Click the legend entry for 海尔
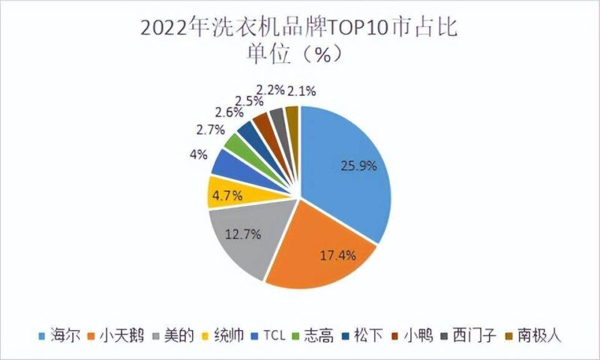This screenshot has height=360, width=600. [x=55, y=334]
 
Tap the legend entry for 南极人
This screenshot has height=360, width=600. [x=536, y=334]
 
